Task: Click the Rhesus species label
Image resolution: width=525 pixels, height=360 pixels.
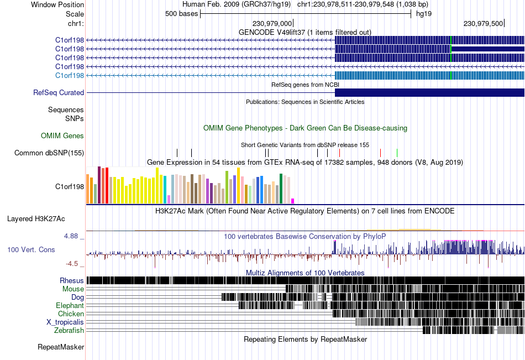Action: click(72, 280)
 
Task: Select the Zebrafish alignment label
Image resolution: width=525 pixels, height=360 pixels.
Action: click(69, 331)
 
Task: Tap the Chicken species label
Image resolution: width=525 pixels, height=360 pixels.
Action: click(71, 314)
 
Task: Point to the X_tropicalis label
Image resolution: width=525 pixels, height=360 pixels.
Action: click(65, 322)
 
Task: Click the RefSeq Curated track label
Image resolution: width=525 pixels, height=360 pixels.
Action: click(59, 92)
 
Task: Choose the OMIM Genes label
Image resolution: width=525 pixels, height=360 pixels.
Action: click(62, 135)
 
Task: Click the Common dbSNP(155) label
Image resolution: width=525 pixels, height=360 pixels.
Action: click(49, 153)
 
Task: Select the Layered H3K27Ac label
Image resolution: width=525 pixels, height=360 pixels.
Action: click(36, 219)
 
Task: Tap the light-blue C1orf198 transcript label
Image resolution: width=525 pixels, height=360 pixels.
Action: click(70, 75)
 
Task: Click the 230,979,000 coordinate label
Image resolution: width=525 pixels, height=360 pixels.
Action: click(272, 23)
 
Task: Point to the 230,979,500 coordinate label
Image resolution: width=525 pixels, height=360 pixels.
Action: click(483, 23)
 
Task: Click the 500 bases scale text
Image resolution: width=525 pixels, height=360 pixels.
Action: click(181, 14)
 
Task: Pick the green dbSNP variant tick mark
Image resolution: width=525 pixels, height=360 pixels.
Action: click(397, 153)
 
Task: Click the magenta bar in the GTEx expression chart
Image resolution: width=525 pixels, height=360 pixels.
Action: click(292, 201)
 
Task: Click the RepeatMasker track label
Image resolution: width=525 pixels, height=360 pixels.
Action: click(61, 347)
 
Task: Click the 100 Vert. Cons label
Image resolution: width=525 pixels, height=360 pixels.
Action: click(31, 250)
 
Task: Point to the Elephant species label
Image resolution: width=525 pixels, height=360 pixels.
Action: click(70, 305)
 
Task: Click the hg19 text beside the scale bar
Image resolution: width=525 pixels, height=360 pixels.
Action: click(424, 14)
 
